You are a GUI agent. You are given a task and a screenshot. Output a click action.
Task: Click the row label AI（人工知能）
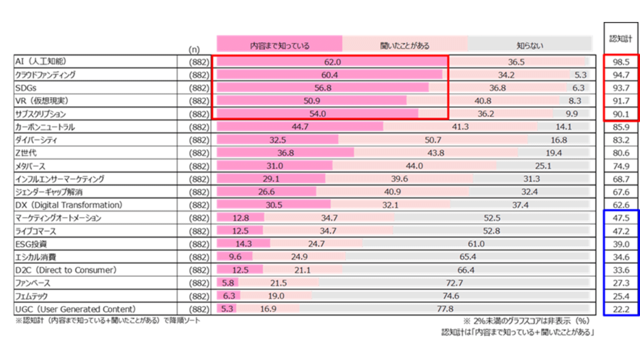click(41, 62)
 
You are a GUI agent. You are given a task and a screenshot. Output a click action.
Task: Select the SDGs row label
click(26, 88)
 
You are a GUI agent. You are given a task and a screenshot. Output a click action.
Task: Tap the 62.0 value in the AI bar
click(332, 62)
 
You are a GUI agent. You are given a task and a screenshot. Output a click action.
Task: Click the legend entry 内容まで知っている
click(279, 45)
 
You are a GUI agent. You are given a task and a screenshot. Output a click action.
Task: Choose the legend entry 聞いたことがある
click(405, 45)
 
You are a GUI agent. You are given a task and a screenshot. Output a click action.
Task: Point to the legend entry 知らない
click(530, 45)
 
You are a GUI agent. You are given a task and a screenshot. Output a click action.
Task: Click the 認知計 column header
click(621, 39)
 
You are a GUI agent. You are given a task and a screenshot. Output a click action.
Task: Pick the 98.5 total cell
click(621, 62)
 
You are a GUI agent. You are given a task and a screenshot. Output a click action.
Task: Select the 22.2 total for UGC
click(621, 309)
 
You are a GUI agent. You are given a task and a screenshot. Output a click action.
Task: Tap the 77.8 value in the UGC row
click(445, 309)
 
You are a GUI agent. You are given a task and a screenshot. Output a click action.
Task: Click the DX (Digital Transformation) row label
click(69, 205)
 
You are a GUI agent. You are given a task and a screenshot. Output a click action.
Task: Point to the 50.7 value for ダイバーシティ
click(433, 140)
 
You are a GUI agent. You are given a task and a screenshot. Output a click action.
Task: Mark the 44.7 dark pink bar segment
click(300, 127)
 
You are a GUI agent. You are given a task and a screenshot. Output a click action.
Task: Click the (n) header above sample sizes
click(194, 50)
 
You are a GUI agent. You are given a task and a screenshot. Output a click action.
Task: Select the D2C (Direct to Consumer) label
click(66, 270)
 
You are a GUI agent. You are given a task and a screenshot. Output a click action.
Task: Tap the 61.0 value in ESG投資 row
click(476, 244)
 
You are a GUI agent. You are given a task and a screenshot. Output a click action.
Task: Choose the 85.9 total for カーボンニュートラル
click(621, 127)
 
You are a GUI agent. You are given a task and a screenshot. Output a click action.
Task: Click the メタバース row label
click(30, 166)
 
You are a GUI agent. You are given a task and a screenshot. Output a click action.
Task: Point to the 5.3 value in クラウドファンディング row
click(580, 75)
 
